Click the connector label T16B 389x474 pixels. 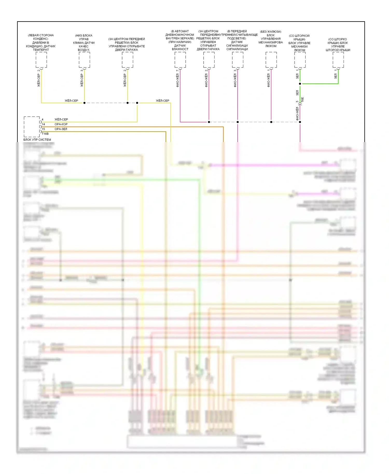45,134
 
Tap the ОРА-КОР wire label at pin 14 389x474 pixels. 61,124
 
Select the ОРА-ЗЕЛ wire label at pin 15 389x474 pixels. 61,129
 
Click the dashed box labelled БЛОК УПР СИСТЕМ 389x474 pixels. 32,127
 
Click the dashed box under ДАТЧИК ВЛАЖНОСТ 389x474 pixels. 180,60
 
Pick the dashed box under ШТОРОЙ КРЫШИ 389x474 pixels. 338,60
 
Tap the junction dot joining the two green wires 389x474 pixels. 300,84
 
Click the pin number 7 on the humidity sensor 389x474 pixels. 178,71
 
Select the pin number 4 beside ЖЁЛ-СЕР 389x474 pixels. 43,120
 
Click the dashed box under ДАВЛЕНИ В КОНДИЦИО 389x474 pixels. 41,60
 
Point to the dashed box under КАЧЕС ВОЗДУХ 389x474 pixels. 84,60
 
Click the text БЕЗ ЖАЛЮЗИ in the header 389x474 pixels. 271,32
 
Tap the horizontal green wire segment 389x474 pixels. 320,84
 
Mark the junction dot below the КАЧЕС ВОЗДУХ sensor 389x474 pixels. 84,103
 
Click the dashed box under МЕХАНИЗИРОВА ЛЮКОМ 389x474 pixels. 271,60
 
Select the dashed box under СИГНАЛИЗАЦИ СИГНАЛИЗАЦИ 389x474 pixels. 238,60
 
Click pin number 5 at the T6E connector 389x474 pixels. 297,102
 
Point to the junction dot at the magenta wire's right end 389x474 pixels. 300,122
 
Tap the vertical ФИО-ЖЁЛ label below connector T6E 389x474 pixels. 297,114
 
